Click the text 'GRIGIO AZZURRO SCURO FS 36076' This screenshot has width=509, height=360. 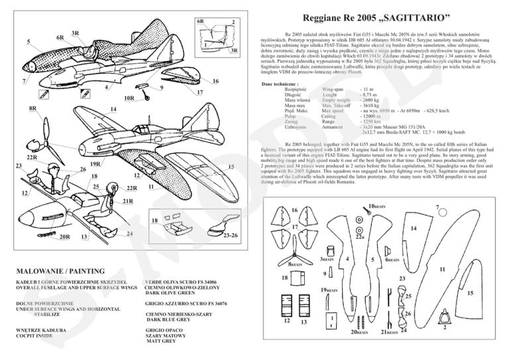[192, 303]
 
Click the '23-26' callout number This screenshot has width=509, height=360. [231, 236]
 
